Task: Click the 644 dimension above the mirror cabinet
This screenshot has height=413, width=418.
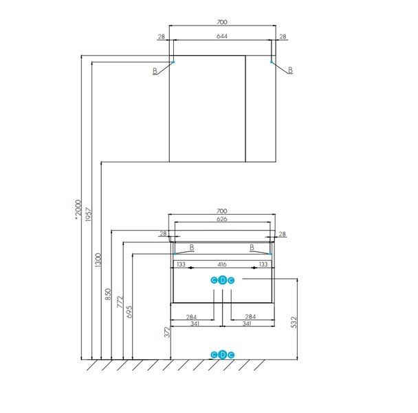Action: click(222, 36)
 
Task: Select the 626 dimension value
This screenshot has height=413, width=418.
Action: click(222, 219)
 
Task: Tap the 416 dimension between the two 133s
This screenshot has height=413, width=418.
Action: click(222, 264)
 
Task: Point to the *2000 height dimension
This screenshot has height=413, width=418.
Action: click(78, 210)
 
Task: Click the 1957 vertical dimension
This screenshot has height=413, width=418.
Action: click(89, 215)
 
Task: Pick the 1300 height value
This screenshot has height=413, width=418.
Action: click(98, 260)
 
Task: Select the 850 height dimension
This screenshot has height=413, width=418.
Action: click(108, 294)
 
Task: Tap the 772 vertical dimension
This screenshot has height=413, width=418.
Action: click(120, 301)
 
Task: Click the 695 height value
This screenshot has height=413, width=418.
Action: click(129, 312)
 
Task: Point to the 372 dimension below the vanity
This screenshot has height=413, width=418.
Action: click(167, 332)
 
